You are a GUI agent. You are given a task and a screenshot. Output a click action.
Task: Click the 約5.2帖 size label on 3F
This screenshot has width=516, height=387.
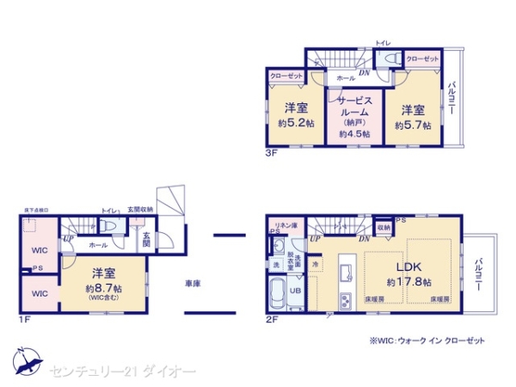(x=295, y=124)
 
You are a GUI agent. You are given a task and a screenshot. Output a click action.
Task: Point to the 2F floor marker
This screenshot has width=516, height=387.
(x=273, y=320)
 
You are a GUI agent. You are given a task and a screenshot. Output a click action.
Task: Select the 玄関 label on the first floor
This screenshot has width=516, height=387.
(x=146, y=240)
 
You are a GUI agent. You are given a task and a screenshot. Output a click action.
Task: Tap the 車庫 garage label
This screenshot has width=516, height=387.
(x=193, y=282)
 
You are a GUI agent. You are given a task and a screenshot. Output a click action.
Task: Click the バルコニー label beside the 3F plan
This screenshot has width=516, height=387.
(x=451, y=101)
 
